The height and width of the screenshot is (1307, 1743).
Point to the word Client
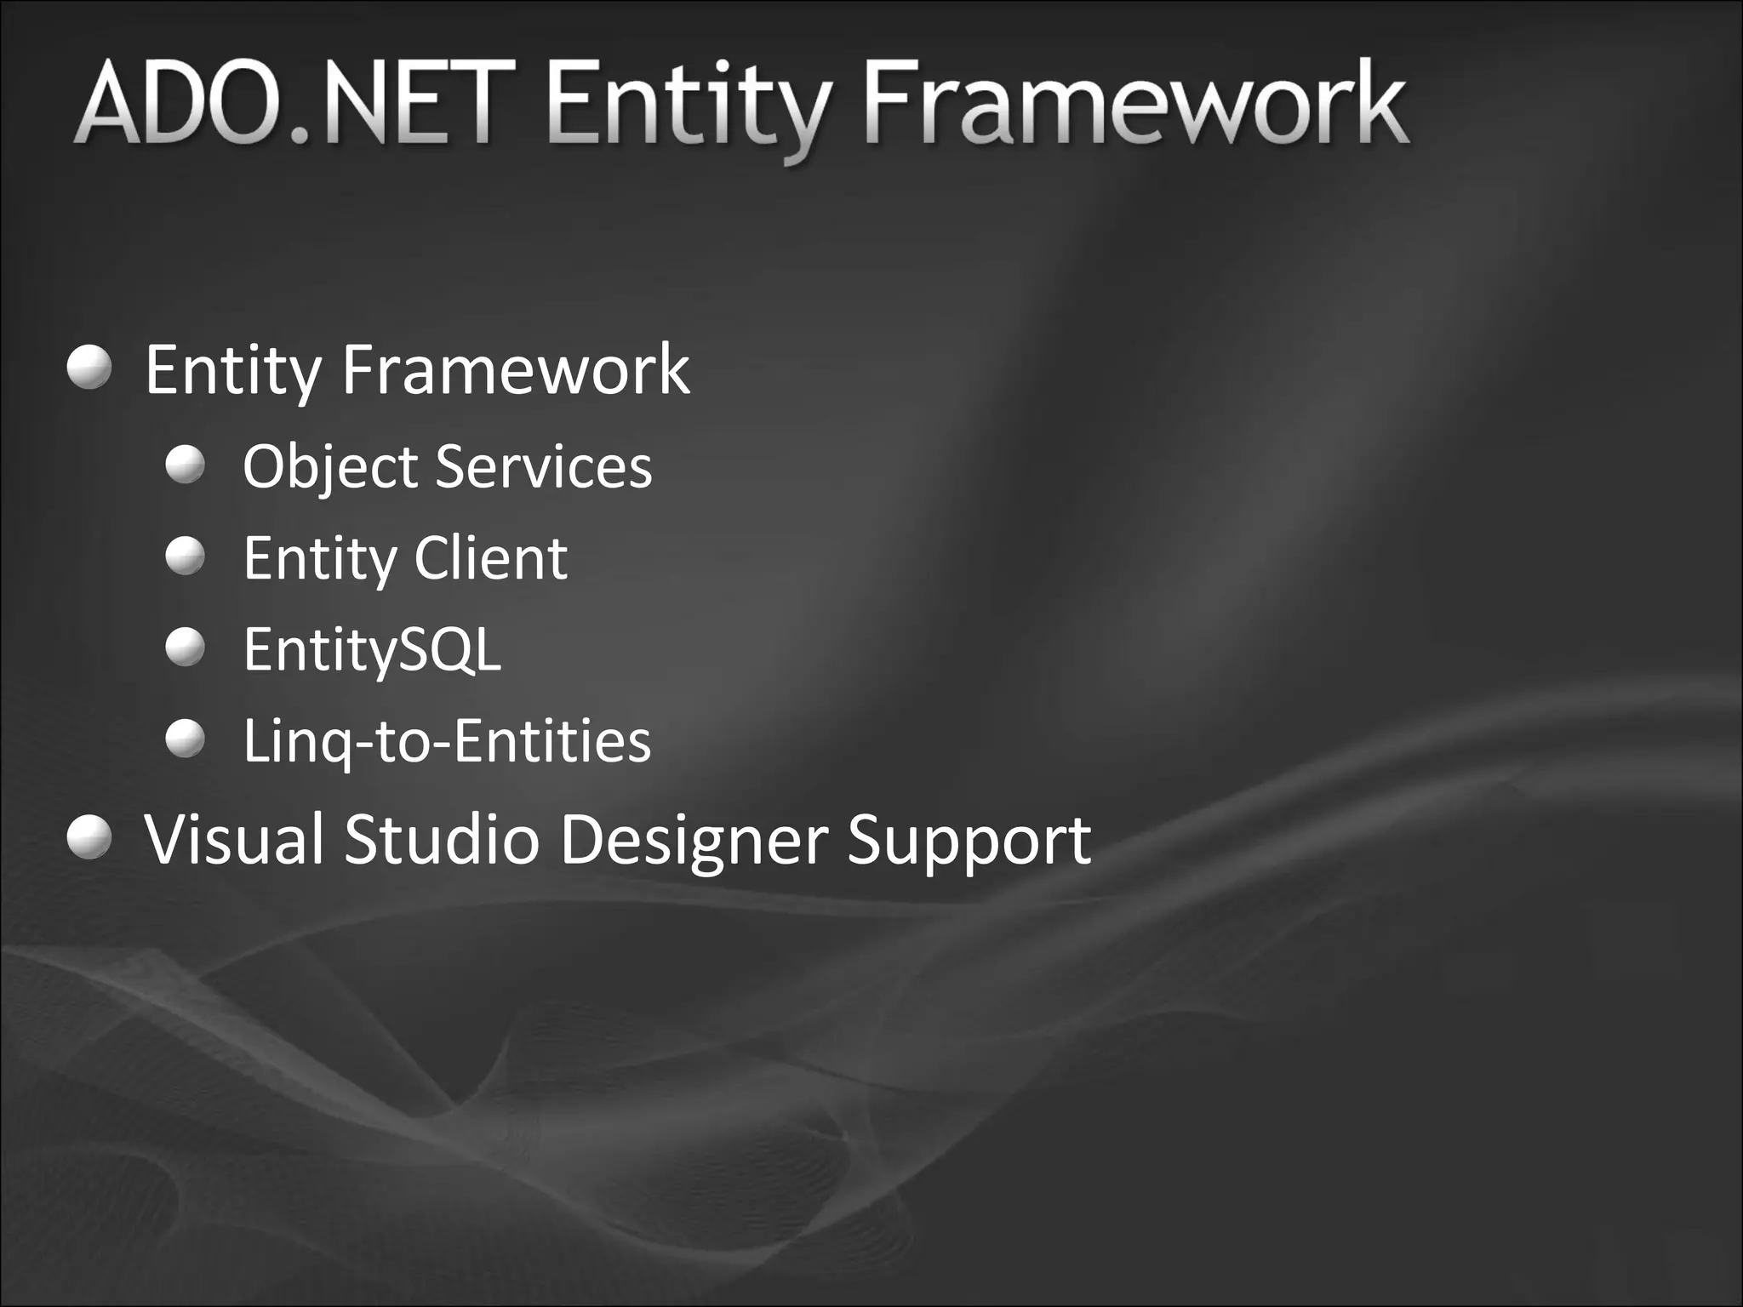(x=491, y=558)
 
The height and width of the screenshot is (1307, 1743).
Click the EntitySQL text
(x=372, y=650)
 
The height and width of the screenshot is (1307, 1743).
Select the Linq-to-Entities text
(x=447, y=740)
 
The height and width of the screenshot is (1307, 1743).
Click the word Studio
(x=441, y=839)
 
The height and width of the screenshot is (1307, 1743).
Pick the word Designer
(x=694, y=841)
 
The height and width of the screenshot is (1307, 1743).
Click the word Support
(x=969, y=841)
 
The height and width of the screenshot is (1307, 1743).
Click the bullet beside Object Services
(x=186, y=465)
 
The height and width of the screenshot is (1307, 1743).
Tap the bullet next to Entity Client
(x=186, y=556)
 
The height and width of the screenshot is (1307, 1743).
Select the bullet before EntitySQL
(x=186, y=647)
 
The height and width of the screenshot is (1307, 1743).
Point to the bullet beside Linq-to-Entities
(x=186, y=738)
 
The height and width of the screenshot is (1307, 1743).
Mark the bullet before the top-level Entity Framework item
(x=89, y=368)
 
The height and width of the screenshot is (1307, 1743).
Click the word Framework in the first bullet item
(x=515, y=370)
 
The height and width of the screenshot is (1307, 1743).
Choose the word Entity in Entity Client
(x=319, y=560)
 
